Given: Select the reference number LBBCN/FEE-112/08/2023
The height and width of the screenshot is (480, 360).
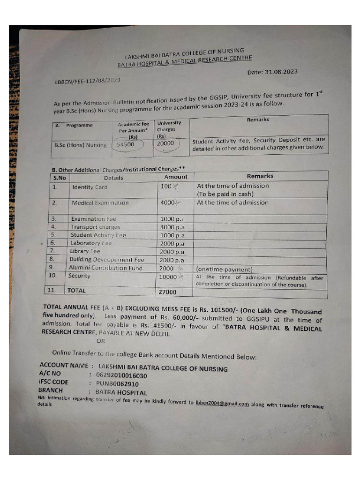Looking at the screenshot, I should [x=88, y=81].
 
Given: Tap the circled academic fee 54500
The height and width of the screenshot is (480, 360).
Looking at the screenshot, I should [x=126, y=144].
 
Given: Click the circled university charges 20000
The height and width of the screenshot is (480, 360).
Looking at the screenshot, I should [x=165, y=143].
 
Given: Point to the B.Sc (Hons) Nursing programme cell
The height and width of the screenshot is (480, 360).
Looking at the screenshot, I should [x=81, y=145].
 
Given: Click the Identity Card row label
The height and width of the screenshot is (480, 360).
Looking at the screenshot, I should [x=90, y=187].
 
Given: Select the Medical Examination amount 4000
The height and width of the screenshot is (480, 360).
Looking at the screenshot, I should [x=167, y=202].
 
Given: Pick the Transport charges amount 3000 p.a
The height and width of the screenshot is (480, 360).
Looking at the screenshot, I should [x=172, y=227].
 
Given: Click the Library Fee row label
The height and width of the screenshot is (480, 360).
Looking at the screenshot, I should [x=85, y=251].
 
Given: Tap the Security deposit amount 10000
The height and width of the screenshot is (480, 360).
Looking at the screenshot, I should [x=168, y=277].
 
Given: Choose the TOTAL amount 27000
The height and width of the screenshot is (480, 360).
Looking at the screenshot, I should [x=167, y=292].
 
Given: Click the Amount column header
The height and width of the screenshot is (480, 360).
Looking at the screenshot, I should [x=175, y=177].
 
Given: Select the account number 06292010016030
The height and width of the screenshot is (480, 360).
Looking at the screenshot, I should [x=121, y=375].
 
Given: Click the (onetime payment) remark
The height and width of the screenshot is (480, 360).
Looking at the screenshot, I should [x=224, y=270].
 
